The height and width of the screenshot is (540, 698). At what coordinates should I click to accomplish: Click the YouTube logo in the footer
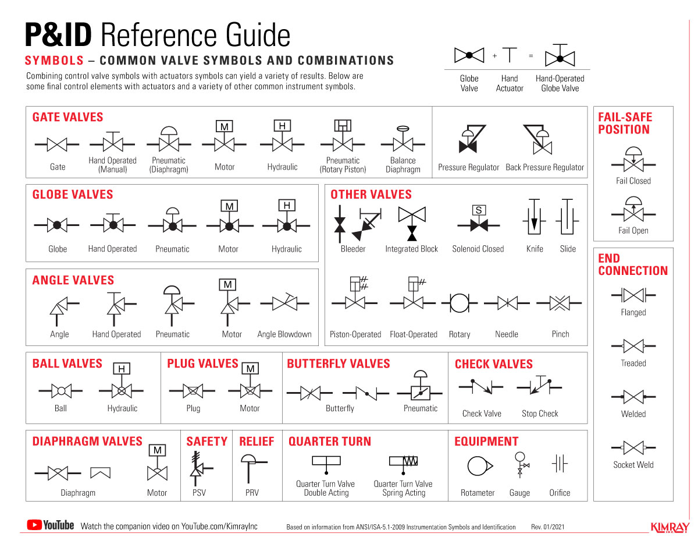point(51,525)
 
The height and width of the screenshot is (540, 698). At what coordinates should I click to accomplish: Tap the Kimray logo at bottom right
point(669,527)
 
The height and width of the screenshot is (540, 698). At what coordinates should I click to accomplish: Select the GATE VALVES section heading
point(67,117)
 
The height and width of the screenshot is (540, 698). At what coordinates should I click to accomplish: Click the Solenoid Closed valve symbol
point(478,223)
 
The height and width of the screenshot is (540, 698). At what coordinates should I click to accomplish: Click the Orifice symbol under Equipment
point(560,464)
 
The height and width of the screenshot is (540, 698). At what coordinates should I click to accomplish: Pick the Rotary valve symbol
point(459,303)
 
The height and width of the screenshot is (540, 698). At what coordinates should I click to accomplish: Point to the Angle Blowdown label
point(284,334)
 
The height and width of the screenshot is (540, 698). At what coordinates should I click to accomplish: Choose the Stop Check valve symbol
point(539,386)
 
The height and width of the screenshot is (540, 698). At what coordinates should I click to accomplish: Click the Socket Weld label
point(633,465)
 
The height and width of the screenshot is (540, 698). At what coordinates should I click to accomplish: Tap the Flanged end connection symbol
point(633,295)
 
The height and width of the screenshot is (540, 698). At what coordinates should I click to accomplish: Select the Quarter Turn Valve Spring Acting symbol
point(403,463)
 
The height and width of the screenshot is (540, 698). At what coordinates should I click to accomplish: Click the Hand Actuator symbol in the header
point(510,56)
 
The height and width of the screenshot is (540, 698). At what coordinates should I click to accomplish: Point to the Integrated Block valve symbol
point(412,222)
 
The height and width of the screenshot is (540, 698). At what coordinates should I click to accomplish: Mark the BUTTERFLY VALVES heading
point(338,363)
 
